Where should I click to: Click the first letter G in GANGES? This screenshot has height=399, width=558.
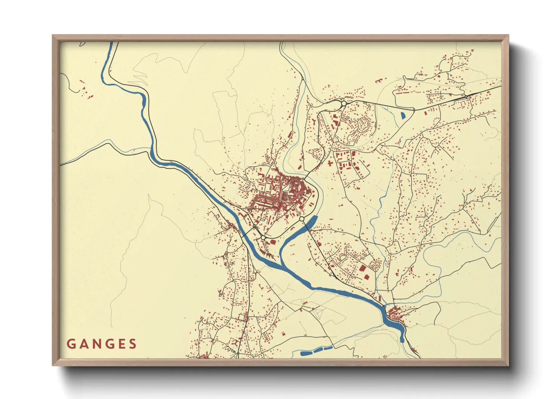coord(71,344)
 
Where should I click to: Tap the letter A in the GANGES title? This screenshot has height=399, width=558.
coord(84,344)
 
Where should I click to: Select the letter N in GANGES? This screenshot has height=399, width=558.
coord(97,344)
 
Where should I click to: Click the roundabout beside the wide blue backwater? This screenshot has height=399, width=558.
coord(302,219)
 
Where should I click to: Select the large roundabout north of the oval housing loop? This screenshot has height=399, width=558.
coord(343,103)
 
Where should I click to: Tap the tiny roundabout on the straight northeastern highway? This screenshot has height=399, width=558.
coord(467,97)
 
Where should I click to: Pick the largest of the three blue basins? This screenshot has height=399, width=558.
coord(307,353)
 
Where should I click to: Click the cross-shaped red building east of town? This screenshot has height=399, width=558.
coord(330,163)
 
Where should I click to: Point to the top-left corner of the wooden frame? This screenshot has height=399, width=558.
coord(53,35)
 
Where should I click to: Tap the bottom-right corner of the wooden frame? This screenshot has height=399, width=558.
coord(508,365)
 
